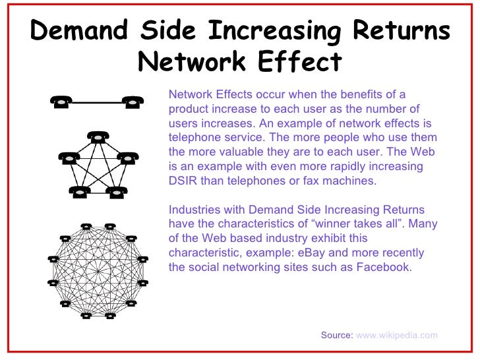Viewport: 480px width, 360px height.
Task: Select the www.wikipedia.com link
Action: pos(396,335)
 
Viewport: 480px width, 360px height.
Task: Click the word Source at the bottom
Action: pos(336,335)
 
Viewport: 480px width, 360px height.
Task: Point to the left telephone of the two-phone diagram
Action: pos(61,102)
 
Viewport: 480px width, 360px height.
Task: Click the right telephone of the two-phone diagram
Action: pos(134,102)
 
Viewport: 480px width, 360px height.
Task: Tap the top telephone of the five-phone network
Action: pos(98,138)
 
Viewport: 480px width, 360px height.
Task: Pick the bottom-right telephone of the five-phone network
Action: pos(117,192)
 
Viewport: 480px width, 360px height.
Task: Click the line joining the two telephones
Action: pos(98,102)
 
